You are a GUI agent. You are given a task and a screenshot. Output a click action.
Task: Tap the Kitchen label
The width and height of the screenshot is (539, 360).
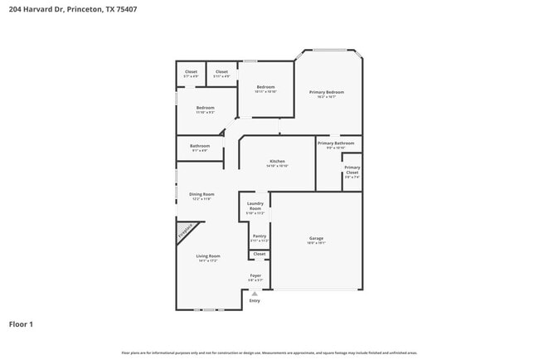277,161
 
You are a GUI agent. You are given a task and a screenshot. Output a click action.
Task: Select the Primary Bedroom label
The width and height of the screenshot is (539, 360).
327,92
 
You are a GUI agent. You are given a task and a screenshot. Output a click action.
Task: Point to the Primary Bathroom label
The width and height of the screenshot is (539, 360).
336,144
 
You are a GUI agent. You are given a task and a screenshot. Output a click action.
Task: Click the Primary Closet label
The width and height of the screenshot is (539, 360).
352,170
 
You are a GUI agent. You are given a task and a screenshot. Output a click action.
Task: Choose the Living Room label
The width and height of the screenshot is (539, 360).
207,256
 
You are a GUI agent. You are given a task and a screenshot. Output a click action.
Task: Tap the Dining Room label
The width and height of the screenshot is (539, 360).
202,194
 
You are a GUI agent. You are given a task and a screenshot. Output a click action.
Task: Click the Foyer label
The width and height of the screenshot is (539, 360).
255,275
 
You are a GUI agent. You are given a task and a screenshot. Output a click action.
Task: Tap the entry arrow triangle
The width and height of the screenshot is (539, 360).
255,293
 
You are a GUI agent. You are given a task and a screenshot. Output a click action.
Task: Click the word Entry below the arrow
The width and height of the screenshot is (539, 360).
255,300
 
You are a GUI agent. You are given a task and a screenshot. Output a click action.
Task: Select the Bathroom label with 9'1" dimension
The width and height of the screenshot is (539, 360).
200,146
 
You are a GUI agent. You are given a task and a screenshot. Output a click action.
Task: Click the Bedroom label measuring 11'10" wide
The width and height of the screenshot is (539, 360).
206,108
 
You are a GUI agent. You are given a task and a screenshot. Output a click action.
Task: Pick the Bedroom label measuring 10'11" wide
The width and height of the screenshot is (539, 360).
265,87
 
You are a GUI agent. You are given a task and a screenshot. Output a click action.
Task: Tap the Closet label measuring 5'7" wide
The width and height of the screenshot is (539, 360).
191,72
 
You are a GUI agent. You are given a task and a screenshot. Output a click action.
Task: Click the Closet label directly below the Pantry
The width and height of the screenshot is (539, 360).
259,254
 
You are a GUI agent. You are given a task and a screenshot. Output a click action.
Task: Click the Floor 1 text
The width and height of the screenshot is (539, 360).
22,324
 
